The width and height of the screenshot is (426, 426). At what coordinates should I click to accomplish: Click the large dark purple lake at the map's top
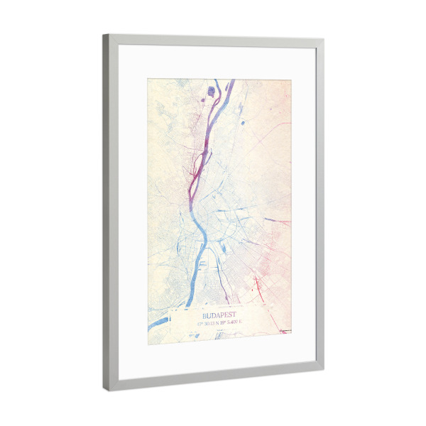tap(212, 90)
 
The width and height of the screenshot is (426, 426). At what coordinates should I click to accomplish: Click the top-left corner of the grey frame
tap(106, 37)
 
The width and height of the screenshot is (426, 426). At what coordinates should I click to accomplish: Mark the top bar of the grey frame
tap(213, 40)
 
